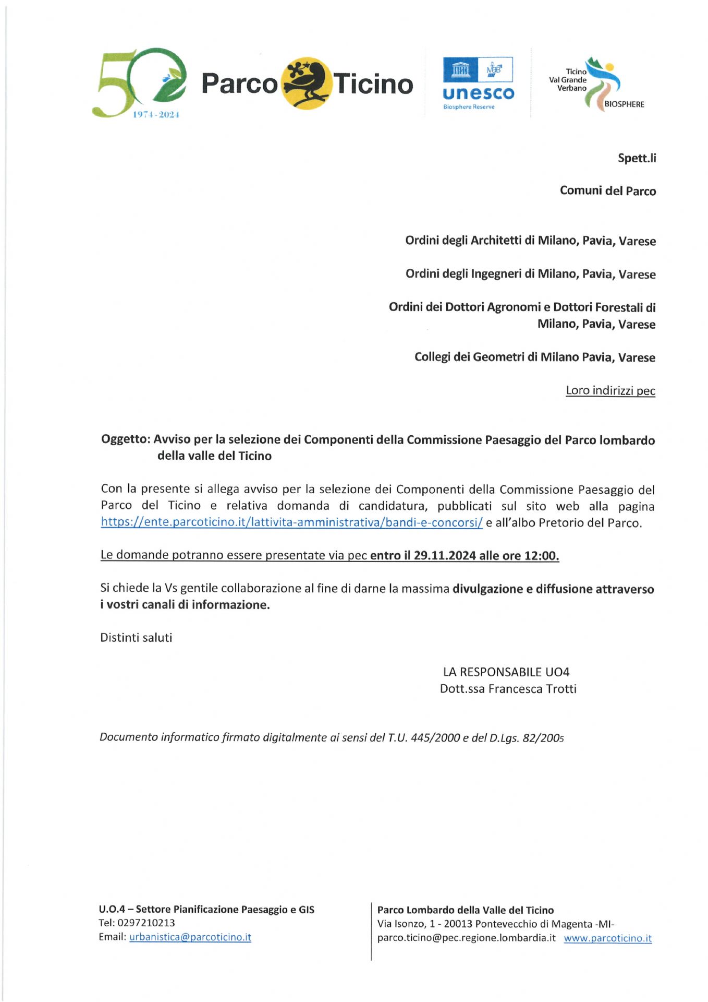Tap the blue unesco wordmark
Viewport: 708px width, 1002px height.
[x=478, y=93]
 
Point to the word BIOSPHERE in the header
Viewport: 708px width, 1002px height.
[x=624, y=104]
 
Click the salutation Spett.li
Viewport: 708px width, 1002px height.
[x=637, y=158]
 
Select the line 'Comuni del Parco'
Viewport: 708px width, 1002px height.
[x=607, y=191]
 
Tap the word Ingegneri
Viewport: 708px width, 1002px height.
[x=496, y=274]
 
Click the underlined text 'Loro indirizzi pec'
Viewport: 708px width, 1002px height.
[x=610, y=391]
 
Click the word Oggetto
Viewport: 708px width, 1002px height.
[x=125, y=439]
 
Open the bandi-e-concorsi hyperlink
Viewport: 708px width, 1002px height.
[x=291, y=522]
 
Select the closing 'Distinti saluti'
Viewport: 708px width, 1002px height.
[x=136, y=638]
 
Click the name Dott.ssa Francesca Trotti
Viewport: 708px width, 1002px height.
[x=508, y=689]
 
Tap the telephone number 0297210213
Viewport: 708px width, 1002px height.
[x=146, y=923]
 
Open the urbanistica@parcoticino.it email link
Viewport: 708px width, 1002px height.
[x=190, y=937]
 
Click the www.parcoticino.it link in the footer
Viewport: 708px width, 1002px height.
[x=607, y=938]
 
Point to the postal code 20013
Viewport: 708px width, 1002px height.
[x=458, y=924]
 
